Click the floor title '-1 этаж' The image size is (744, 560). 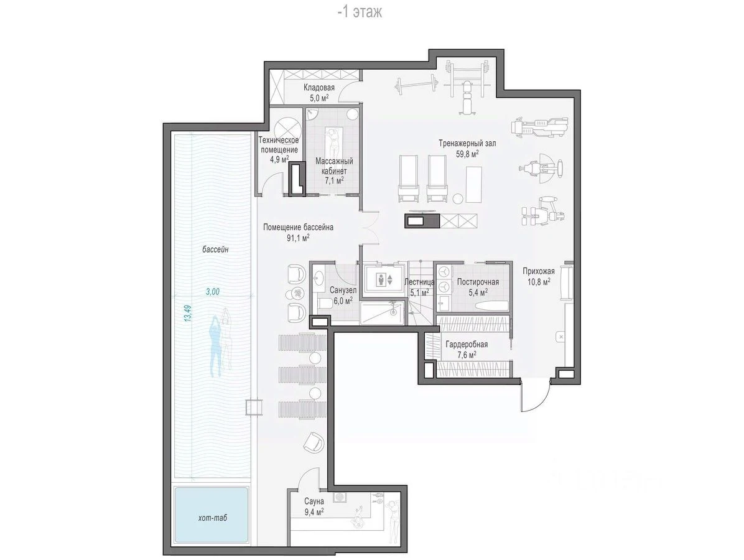click(359, 12)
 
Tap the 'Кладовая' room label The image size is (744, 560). click(319, 87)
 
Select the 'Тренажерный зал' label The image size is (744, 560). click(467, 143)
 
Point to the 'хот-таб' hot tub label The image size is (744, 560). click(213, 517)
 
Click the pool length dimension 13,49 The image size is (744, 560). click(188, 314)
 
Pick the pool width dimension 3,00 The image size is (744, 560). click(213, 291)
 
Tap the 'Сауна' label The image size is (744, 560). click(314, 501)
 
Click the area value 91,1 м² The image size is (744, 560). click(298, 238)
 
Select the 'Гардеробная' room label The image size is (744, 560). click(467, 345)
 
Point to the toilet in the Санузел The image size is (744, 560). click(325, 303)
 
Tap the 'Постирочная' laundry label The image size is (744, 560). click(478, 282)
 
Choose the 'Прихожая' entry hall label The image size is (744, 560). click(539, 271)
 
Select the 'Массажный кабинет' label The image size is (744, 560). click(334, 166)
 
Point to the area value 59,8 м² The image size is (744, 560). click(467, 154)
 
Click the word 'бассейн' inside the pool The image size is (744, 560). click(215, 249)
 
